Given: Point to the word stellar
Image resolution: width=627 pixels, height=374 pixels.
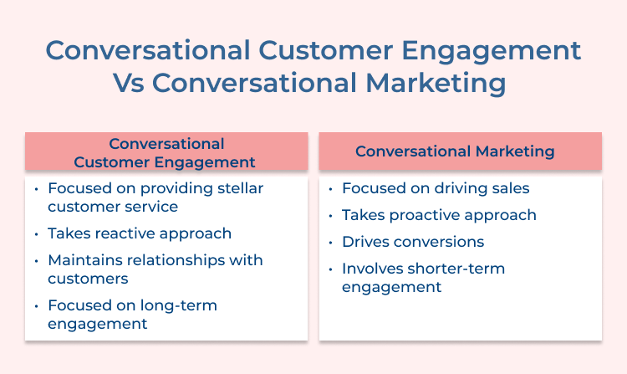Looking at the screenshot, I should pyautogui.click(x=233, y=188).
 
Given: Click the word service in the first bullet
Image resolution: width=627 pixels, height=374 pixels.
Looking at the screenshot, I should pyautogui.click(x=150, y=206).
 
